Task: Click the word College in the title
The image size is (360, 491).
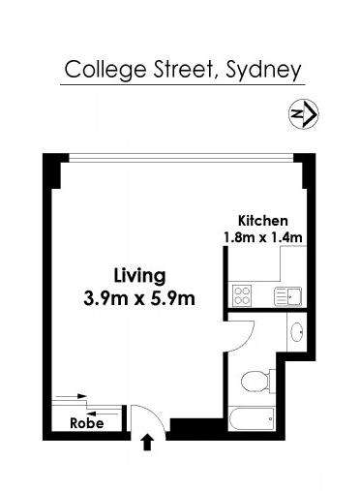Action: point(105,71)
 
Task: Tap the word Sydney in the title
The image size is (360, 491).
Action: point(263,71)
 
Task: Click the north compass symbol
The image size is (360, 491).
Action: point(303,113)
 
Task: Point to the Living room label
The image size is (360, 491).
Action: point(140,277)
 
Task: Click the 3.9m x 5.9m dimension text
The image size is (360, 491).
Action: point(139,298)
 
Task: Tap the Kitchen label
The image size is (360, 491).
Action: point(263,221)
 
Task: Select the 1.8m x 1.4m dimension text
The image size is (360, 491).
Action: point(263,238)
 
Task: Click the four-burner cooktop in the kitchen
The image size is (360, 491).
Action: point(242,296)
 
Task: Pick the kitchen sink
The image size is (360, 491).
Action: point(288,296)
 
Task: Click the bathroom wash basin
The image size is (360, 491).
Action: point(297,332)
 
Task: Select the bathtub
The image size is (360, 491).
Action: point(252,419)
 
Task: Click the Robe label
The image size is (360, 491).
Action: point(87,423)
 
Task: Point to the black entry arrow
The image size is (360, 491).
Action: point(147,442)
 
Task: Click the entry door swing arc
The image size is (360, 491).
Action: point(156,412)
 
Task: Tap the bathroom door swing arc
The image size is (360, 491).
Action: point(249,341)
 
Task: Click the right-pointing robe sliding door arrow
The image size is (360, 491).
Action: point(72,396)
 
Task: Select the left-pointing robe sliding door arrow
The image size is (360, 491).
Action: point(103,414)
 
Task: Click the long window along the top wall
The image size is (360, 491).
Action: point(181,158)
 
